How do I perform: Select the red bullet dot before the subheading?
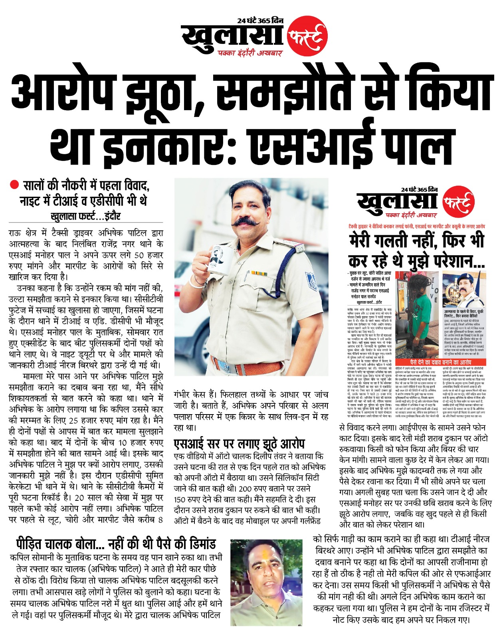click(x=15, y=185)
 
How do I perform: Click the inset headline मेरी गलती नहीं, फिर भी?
click(x=416, y=240)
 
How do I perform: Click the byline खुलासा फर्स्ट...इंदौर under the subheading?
click(x=85, y=216)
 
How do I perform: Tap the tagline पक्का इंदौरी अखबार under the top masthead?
click(x=250, y=53)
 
